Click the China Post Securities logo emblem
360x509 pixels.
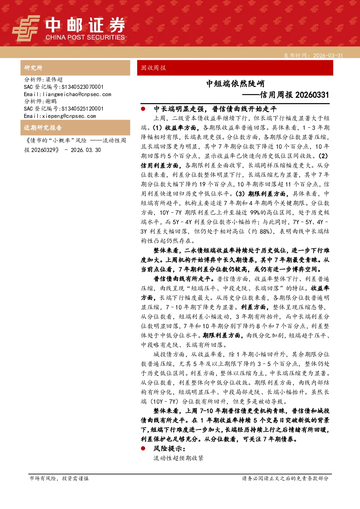click(26, 28)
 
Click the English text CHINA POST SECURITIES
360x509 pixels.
click(85, 37)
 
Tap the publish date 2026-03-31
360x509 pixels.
click(328, 56)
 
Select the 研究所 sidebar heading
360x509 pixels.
click(33, 68)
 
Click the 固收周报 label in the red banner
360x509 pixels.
click(154, 68)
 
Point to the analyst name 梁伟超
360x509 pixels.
click(54, 79)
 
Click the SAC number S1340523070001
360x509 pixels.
click(82, 87)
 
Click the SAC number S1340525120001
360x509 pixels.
click(82, 108)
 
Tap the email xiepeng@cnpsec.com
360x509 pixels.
click(69, 116)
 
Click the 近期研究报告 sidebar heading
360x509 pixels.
click(43, 128)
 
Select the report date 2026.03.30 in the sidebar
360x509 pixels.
click(86, 150)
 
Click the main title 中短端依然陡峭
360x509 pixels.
click(235, 83)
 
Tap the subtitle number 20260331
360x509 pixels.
click(312, 95)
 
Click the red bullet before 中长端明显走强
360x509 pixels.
click(143, 109)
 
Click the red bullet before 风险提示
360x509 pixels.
click(143, 448)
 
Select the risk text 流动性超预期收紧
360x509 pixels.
click(179, 458)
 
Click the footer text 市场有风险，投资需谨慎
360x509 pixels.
click(59, 479)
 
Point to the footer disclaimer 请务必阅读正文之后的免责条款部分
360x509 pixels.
click(285, 479)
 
